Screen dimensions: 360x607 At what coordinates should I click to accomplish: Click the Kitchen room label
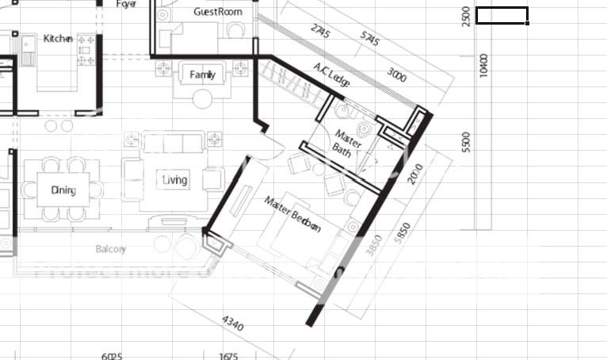click(58, 38)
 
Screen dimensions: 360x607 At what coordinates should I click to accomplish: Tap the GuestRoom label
click(218, 12)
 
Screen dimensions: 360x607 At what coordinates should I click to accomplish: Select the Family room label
click(203, 75)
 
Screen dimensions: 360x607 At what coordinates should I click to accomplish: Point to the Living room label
click(175, 180)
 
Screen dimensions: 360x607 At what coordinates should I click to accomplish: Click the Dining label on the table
click(63, 190)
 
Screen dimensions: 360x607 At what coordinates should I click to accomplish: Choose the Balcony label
click(111, 249)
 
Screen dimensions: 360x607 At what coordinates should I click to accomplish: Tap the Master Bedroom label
click(292, 213)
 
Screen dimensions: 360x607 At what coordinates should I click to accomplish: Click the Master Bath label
click(348, 143)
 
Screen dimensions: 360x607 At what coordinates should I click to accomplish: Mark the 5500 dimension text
click(466, 143)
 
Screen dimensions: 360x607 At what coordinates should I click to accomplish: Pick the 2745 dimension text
click(320, 32)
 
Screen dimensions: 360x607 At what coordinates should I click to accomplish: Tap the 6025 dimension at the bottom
click(112, 356)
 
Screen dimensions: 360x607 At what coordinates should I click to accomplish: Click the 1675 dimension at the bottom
click(228, 356)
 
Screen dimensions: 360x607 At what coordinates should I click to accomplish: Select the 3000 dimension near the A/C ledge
click(397, 76)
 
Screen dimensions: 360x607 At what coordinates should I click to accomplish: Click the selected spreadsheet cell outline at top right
click(502, 15)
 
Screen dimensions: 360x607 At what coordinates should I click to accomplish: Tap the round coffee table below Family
click(204, 98)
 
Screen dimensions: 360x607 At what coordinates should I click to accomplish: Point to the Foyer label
click(127, 4)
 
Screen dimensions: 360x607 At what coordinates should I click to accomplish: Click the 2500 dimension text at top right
click(466, 15)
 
